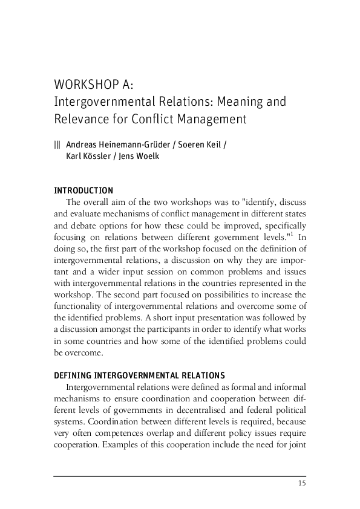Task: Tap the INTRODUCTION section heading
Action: pos(83,190)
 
